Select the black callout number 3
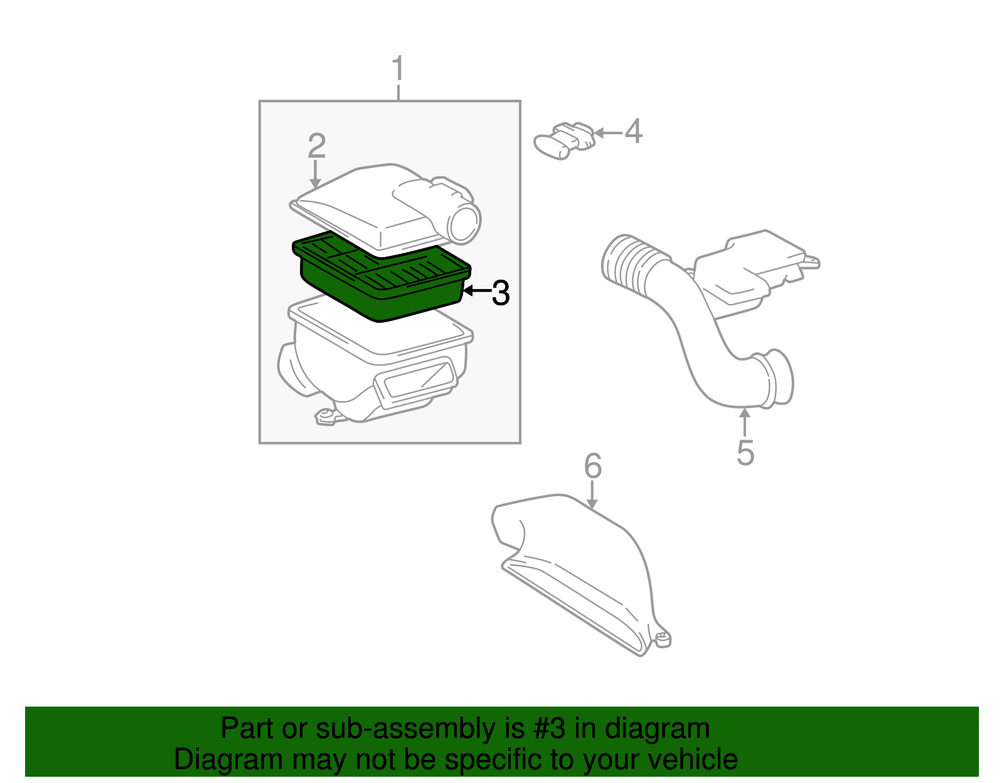[500, 293]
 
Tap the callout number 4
[634, 132]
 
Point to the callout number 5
[745, 452]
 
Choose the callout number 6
[592, 466]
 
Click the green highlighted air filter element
[381, 276]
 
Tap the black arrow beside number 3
[476, 291]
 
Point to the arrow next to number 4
[607, 132]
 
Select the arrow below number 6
[592, 496]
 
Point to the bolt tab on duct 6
[662, 639]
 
